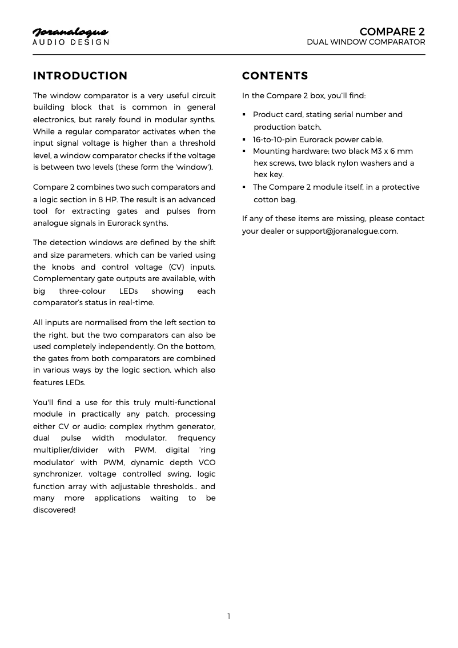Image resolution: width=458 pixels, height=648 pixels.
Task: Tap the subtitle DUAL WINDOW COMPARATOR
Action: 365,42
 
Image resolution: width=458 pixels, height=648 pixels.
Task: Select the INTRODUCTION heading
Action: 81,76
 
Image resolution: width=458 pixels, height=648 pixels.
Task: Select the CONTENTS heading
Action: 275,76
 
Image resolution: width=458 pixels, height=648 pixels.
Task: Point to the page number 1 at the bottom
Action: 229,616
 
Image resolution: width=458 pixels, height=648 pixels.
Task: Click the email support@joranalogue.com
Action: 347,231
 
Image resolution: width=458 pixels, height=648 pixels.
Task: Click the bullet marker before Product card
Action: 244,115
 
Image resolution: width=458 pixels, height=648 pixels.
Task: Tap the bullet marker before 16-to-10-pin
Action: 244,139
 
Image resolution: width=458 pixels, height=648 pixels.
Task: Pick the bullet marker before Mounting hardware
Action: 244,151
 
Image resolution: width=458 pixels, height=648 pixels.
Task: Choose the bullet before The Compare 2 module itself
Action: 244,187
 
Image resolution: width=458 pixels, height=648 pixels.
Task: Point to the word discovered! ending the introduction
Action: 54,510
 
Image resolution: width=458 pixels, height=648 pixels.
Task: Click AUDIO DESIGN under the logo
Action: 70,42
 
